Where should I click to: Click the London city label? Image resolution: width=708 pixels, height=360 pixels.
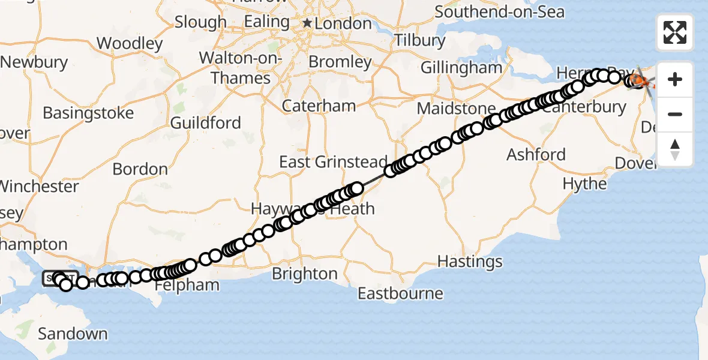(344, 23)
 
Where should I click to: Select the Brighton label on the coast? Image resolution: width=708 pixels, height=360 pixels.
(305, 274)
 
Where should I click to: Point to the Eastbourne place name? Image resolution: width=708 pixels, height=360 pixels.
(400, 294)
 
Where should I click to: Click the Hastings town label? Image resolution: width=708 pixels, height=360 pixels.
(470, 262)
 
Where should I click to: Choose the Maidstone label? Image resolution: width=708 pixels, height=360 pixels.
(457, 109)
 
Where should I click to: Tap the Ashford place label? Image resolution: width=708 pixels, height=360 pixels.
(536, 154)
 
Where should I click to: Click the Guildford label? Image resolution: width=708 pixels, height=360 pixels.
(206, 123)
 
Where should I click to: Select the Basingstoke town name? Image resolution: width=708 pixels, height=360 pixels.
(88, 113)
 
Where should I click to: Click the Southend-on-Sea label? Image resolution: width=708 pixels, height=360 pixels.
(499, 11)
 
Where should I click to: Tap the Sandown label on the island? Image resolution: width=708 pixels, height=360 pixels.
(72, 334)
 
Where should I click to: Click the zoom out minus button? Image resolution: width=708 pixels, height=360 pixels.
(675, 114)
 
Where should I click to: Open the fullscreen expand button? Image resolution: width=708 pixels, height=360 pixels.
(675, 32)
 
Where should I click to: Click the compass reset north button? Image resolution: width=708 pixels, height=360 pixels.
(675, 149)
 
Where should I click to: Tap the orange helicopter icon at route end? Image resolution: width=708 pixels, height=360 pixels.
(641, 80)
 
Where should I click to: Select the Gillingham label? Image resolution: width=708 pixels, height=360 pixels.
(461, 67)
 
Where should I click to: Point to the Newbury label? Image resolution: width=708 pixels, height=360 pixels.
(34, 62)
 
